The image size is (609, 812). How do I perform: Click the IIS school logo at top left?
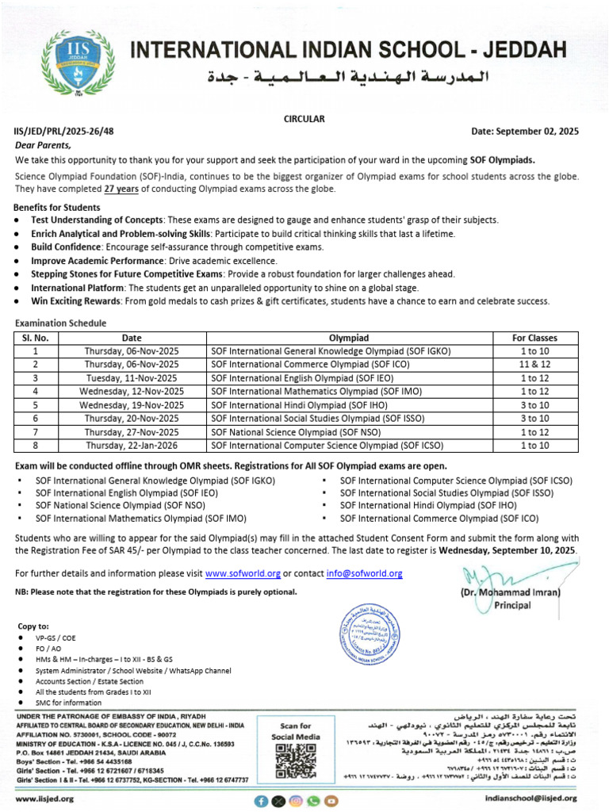point(75,61)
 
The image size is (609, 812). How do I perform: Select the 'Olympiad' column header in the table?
point(348,338)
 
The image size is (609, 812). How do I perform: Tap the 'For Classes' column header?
point(539,338)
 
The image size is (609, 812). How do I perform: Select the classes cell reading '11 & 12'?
point(539,365)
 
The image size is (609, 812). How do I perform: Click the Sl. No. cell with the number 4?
point(36,392)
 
